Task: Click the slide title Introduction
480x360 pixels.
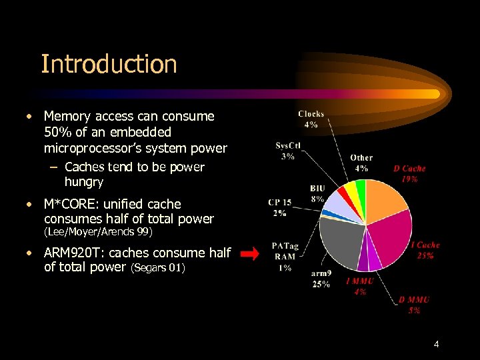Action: coord(109,64)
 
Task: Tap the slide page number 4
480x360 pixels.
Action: coord(436,344)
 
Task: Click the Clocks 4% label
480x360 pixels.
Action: coord(311,119)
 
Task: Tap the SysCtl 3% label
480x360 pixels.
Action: coord(288,151)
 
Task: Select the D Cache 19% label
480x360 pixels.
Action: coord(409,173)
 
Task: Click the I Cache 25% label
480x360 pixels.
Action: coord(425,250)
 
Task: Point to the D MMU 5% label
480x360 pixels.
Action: coord(414,305)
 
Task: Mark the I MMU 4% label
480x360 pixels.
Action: coord(360,286)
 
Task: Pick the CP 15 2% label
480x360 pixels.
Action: coord(279,207)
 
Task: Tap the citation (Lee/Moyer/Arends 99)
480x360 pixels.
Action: coord(98,232)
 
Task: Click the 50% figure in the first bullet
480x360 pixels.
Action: coord(57,132)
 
